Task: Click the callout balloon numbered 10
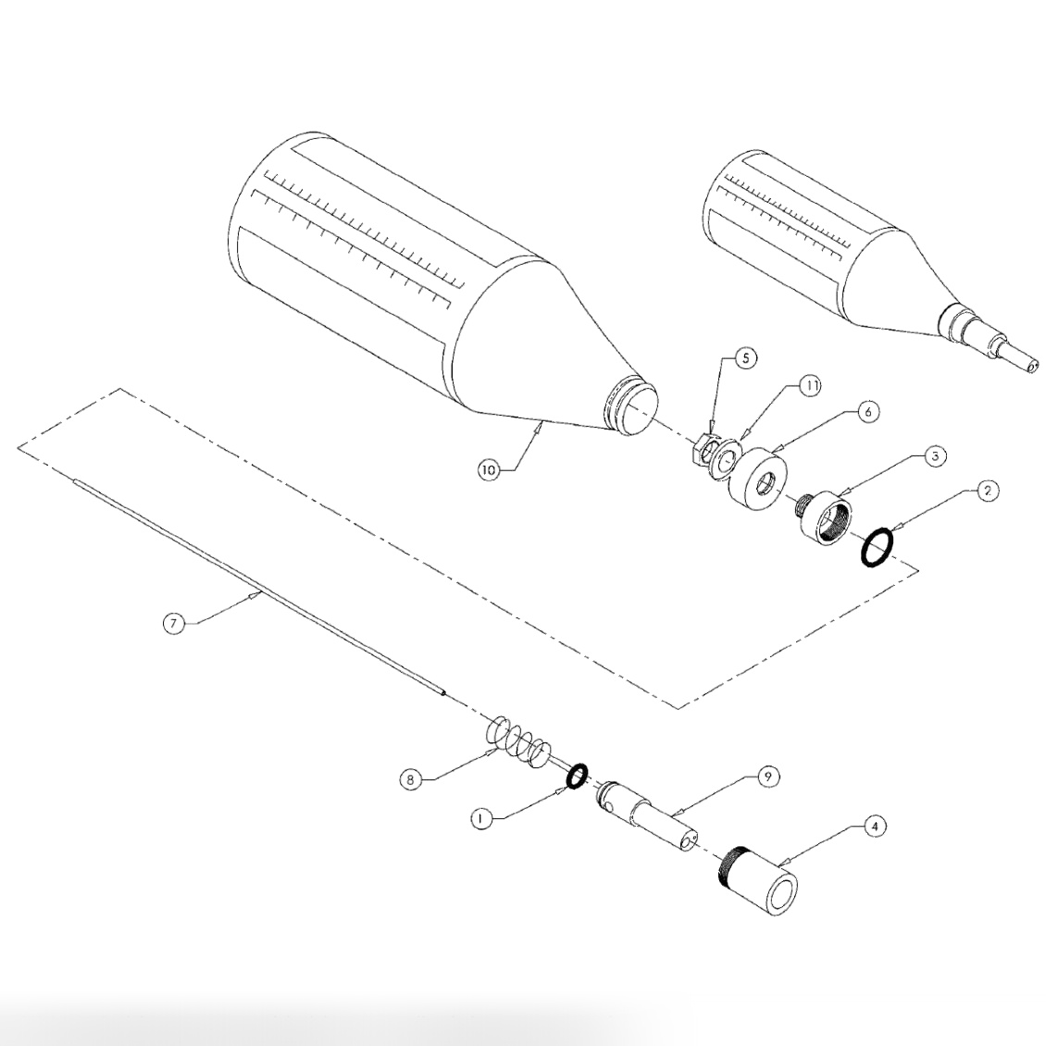489,469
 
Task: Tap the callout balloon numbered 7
173,623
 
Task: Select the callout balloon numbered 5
746,358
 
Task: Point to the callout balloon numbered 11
811,386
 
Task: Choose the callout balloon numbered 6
867,412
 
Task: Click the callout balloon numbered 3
935,456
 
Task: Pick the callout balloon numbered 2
988,491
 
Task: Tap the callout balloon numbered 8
412,779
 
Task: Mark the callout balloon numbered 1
480,818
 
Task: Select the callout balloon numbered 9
768,776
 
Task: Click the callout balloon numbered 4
876,827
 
